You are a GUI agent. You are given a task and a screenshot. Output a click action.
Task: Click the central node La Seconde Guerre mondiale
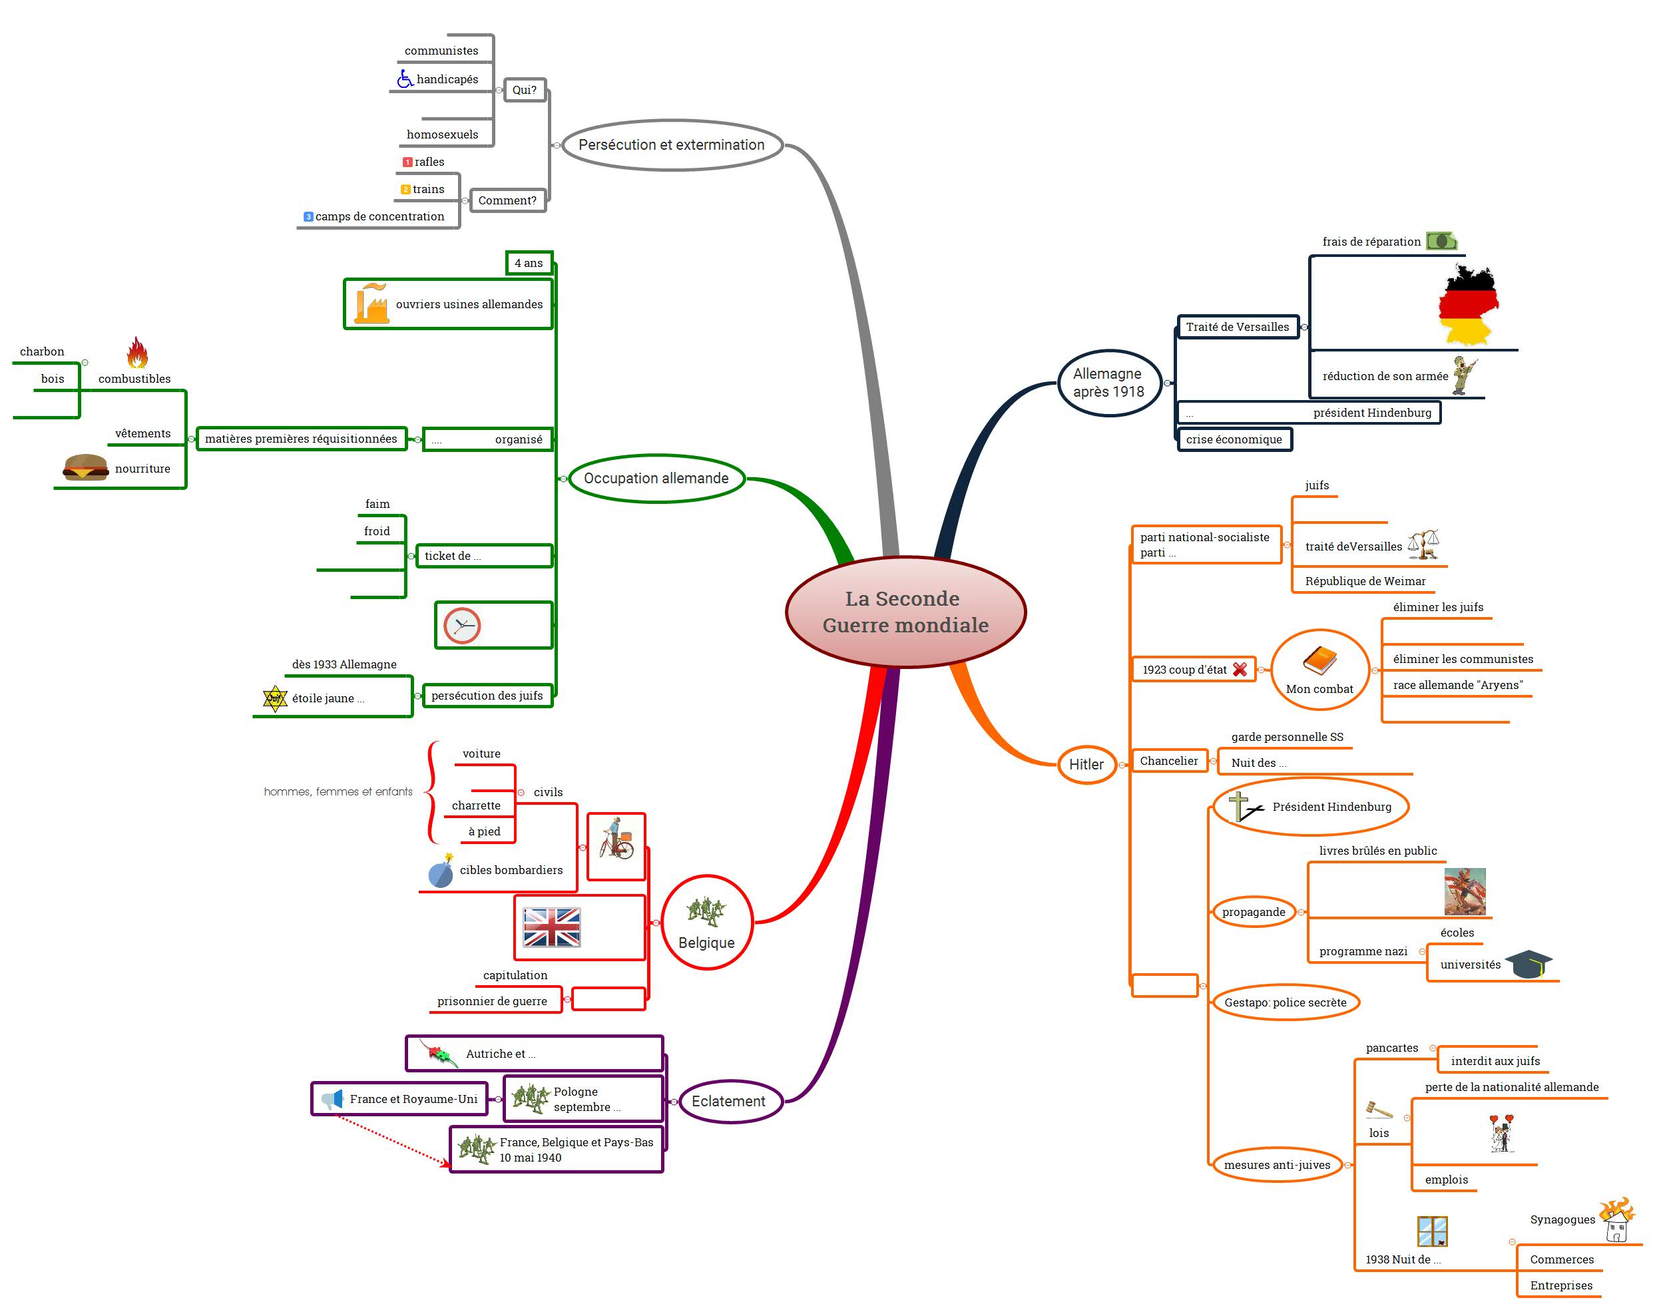coord(905,612)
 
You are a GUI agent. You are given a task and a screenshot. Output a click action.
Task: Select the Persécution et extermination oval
coord(672,144)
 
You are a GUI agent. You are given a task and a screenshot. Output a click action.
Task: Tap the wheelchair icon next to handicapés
coord(404,78)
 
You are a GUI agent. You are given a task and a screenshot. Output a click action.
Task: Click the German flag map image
coord(1468,304)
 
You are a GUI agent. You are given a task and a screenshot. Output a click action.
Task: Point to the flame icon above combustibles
coord(137,352)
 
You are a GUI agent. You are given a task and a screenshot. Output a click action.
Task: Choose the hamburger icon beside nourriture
coord(85,467)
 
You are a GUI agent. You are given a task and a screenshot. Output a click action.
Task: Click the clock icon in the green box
coord(462,626)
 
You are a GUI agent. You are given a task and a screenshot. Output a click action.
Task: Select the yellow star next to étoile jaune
coord(275,698)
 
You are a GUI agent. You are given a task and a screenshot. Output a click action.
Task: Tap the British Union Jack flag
coord(551,927)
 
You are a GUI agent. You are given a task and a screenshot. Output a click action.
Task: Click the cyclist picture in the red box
coord(616,840)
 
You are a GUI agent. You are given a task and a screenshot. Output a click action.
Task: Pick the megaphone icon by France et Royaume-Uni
coord(332,1099)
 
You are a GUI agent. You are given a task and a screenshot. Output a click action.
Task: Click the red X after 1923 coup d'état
coord(1240,670)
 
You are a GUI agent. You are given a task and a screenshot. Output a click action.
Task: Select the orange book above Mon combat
coord(1319,661)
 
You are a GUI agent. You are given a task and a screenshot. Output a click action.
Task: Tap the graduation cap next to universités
coord(1528,964)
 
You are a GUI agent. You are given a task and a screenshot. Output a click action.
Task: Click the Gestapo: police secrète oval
coord(1286,1002)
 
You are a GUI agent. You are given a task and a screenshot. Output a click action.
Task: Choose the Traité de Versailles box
coord(1238,327)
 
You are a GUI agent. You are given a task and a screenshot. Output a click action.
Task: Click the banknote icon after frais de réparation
coord(1441,241)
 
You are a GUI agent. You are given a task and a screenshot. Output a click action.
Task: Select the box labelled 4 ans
coord(529,263)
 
